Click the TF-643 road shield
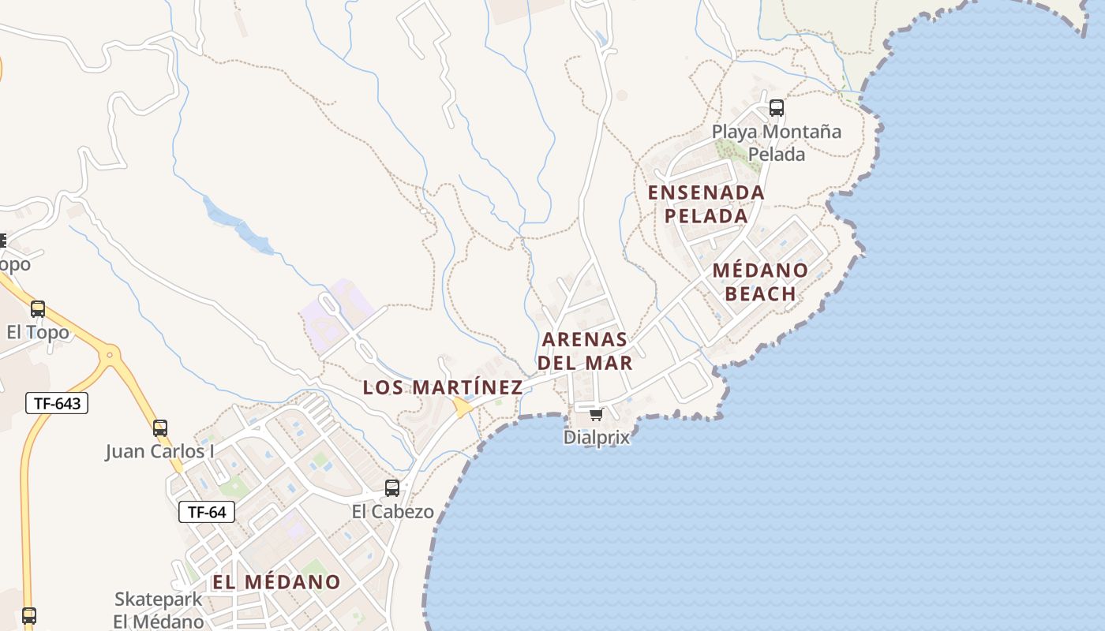point(57,404)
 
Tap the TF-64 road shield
point(207,512)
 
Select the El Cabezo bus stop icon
point(392,488)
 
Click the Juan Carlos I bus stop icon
point(160,428)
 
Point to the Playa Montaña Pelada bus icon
point(777,108)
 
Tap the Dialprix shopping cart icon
point(596,414)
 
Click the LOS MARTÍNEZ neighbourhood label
point(442,387)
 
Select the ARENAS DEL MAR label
point(586,351)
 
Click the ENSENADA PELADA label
point(706,203)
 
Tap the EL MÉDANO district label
point(276,582)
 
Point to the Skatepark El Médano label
point(158,610)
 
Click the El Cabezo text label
point(392,512)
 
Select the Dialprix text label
point(597,437)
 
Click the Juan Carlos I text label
point(160,452)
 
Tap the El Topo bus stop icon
point(38,309)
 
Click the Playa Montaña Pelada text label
point(777,143)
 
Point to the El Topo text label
point(38,332)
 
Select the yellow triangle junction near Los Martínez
point(461,407)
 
